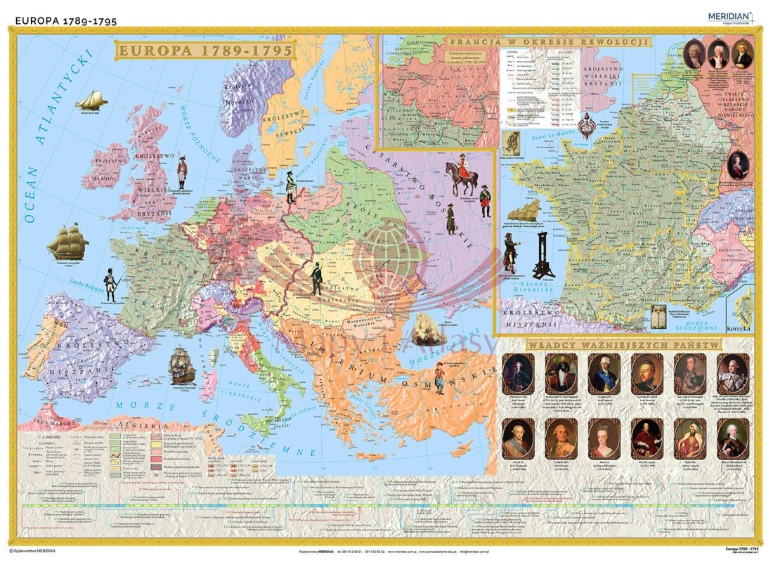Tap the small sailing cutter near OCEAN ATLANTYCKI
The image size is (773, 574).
click(x=90, y=100)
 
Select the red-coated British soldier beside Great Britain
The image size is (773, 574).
click(x=182, y=172)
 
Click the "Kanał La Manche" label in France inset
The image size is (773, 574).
click(x=532, y=138)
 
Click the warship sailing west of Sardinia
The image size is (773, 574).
click(x=182, y=363)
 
